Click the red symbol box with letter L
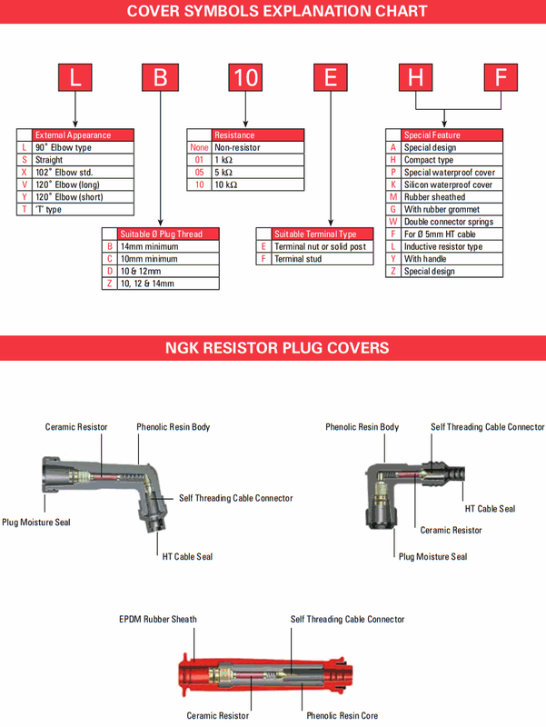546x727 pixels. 75,77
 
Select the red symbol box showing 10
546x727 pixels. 245,77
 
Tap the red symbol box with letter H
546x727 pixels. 416,77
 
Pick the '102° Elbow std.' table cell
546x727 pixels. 64,172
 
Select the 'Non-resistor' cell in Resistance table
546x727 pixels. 237,147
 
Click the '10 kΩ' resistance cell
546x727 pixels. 225,184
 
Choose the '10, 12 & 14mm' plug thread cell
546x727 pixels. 147,284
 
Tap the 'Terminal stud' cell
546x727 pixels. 298,259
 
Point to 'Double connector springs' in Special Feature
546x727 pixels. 449,222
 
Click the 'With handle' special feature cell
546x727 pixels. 425,259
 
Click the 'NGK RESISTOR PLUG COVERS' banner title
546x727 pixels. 277,348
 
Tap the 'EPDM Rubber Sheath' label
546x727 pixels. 158,619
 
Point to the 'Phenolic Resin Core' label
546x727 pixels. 342,715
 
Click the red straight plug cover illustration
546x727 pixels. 265,674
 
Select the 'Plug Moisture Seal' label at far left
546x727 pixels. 36,522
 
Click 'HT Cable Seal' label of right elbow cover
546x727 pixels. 490,509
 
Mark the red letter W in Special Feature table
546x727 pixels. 393,222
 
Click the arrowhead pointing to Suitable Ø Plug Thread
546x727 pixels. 161,223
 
